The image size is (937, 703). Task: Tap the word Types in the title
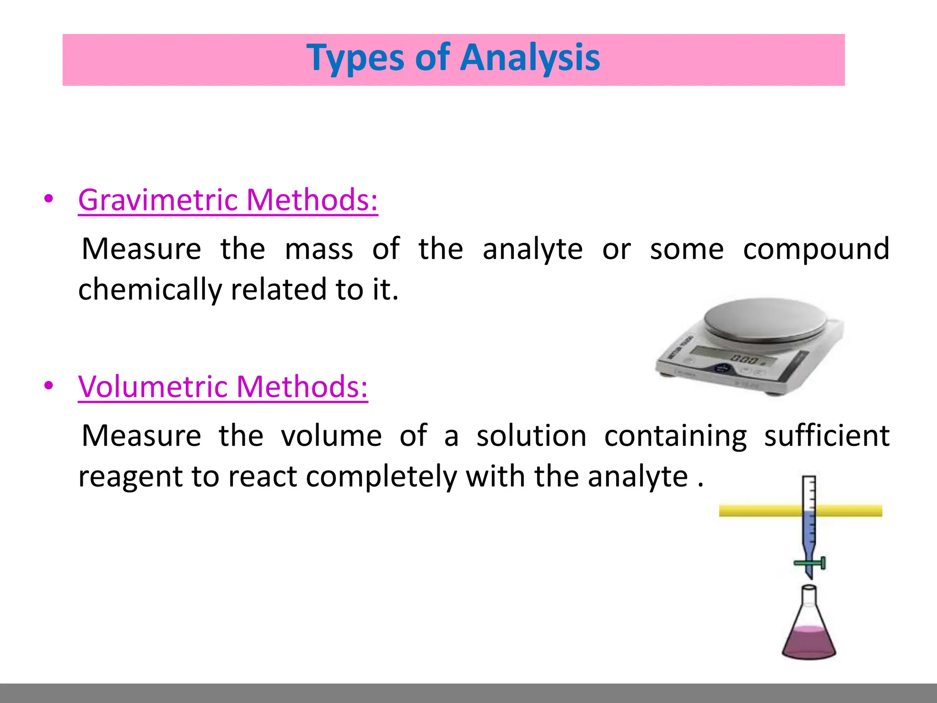355,58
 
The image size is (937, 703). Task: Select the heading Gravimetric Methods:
228,200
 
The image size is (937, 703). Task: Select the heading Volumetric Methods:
223,387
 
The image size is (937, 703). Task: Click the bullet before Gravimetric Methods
48,199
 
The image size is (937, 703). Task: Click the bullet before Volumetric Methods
48,386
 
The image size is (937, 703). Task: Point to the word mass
319,249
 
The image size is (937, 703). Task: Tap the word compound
816,249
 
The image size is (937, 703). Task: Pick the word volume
331,436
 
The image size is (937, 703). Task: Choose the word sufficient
827,436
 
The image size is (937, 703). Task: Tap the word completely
381,477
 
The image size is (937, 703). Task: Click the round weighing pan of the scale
765,320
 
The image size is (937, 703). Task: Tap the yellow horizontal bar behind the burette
755,510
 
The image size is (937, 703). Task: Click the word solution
531,436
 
